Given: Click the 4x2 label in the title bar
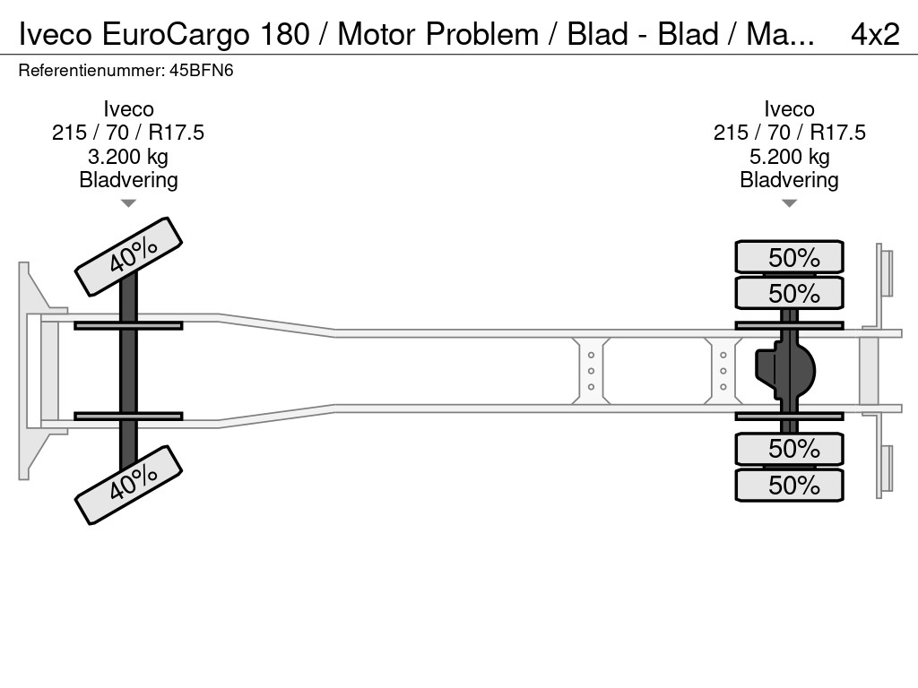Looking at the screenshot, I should pyautogui.click(x=874, y=33).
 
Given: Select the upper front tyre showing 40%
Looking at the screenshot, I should pyautogui.click(x=128, y=256).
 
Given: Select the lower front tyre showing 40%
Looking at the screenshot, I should pyautogui.click(x=128, y=484).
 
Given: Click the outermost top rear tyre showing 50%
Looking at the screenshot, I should pyautogui.click(x=789, y=257).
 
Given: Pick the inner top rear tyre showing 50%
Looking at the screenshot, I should pyautogui.click(x=789, y=293).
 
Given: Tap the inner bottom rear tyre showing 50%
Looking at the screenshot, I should pyautogui.click(x=789, y=448).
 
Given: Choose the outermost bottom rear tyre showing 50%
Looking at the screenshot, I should pyautogui.click(x=789, y=485).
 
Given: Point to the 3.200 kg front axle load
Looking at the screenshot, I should pyautogui.click(x=128, y=157).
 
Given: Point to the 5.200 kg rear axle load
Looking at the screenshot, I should pyautogui.click(x=789, y=157).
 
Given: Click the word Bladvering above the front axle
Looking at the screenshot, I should pyautogui.click(x=128, y=180).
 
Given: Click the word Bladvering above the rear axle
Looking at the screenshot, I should pyautogui.click(x=789, y=180).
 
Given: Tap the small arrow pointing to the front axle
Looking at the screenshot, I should pyautogui.click(x=128, y=203).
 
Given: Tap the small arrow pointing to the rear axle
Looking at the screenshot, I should pyautogui.click(x=789, y=203).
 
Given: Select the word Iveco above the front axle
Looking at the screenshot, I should pyautogui.click(x=128, y=109).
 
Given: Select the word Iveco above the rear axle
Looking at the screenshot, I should pyautogui.click(x=789, y=109).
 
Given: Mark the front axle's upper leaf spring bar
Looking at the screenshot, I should pyautogui.click(x=128, y=325).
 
